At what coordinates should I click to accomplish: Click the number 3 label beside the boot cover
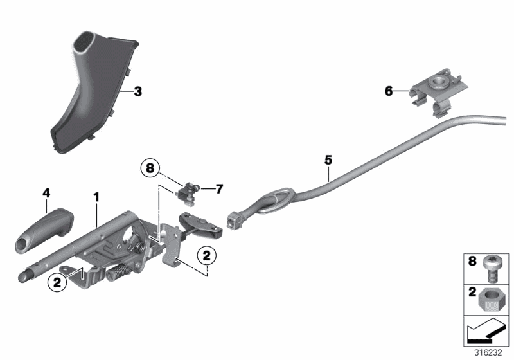(137, 91)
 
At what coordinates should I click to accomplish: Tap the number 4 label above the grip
(46, 192)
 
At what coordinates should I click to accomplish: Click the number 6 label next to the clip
(388, 91)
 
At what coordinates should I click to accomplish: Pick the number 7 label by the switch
(218, 188)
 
